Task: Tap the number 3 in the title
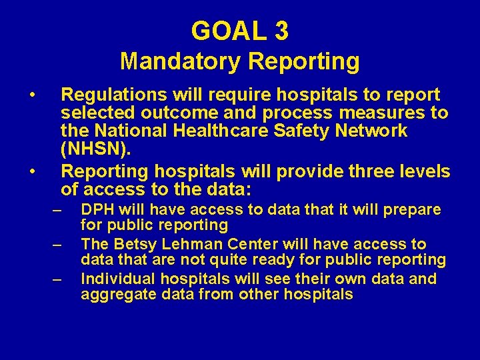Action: pos(281,31)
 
